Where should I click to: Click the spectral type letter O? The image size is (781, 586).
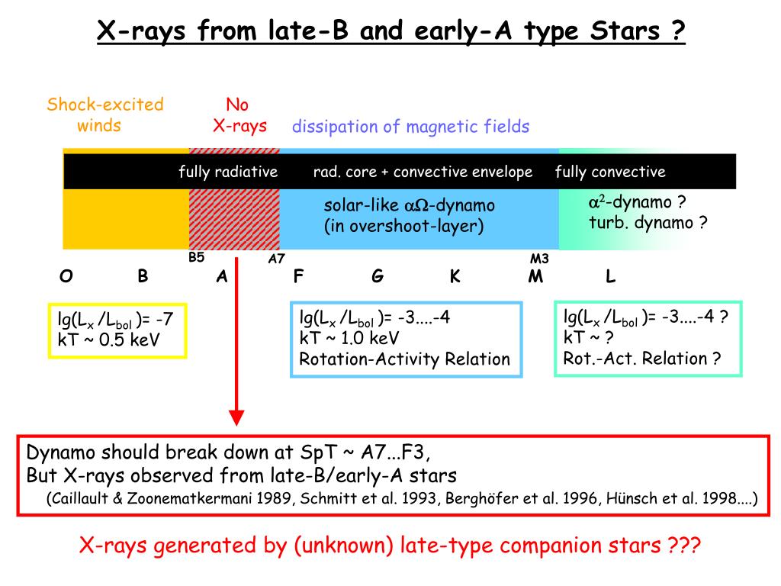pyautogui.click(x=66, y=277)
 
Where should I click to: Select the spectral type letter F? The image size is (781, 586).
pyautogui.click(x=298, y=277)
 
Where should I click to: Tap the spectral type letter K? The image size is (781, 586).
pyautogui.click(x=455, y=277)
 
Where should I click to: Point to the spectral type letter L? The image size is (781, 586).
pyautogui.click(x=610, y=277)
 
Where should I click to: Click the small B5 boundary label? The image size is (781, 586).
pyautogui.click(x=197, y=257)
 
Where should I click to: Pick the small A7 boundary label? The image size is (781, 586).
pyautogui.click(x=276, y=259)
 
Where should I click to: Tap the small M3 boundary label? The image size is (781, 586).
pyautogui.click(x=539, y=259)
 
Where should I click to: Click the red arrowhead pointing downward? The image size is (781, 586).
pyautogui.click(x=237, y=417)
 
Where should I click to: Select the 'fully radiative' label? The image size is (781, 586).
pyautogui.click(x=228, y=172)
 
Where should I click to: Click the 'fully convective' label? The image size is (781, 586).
pyautogui.click(x=610, y=172)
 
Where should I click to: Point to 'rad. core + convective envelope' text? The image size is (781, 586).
pyautogui.click(x=423, y=172)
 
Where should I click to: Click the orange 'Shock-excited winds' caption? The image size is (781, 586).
pyautogui.click(x=105, y=114)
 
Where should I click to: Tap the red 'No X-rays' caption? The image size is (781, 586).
pyautogui.click(x=239, y=114)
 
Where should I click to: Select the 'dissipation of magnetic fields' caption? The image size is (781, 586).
pyautogui.click(x=410, y=126)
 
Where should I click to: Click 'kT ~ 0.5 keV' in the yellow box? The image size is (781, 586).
pyautogui.click(x=109, y=340)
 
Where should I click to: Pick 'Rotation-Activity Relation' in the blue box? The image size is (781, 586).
pyautogui.click(x=404, y=359)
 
